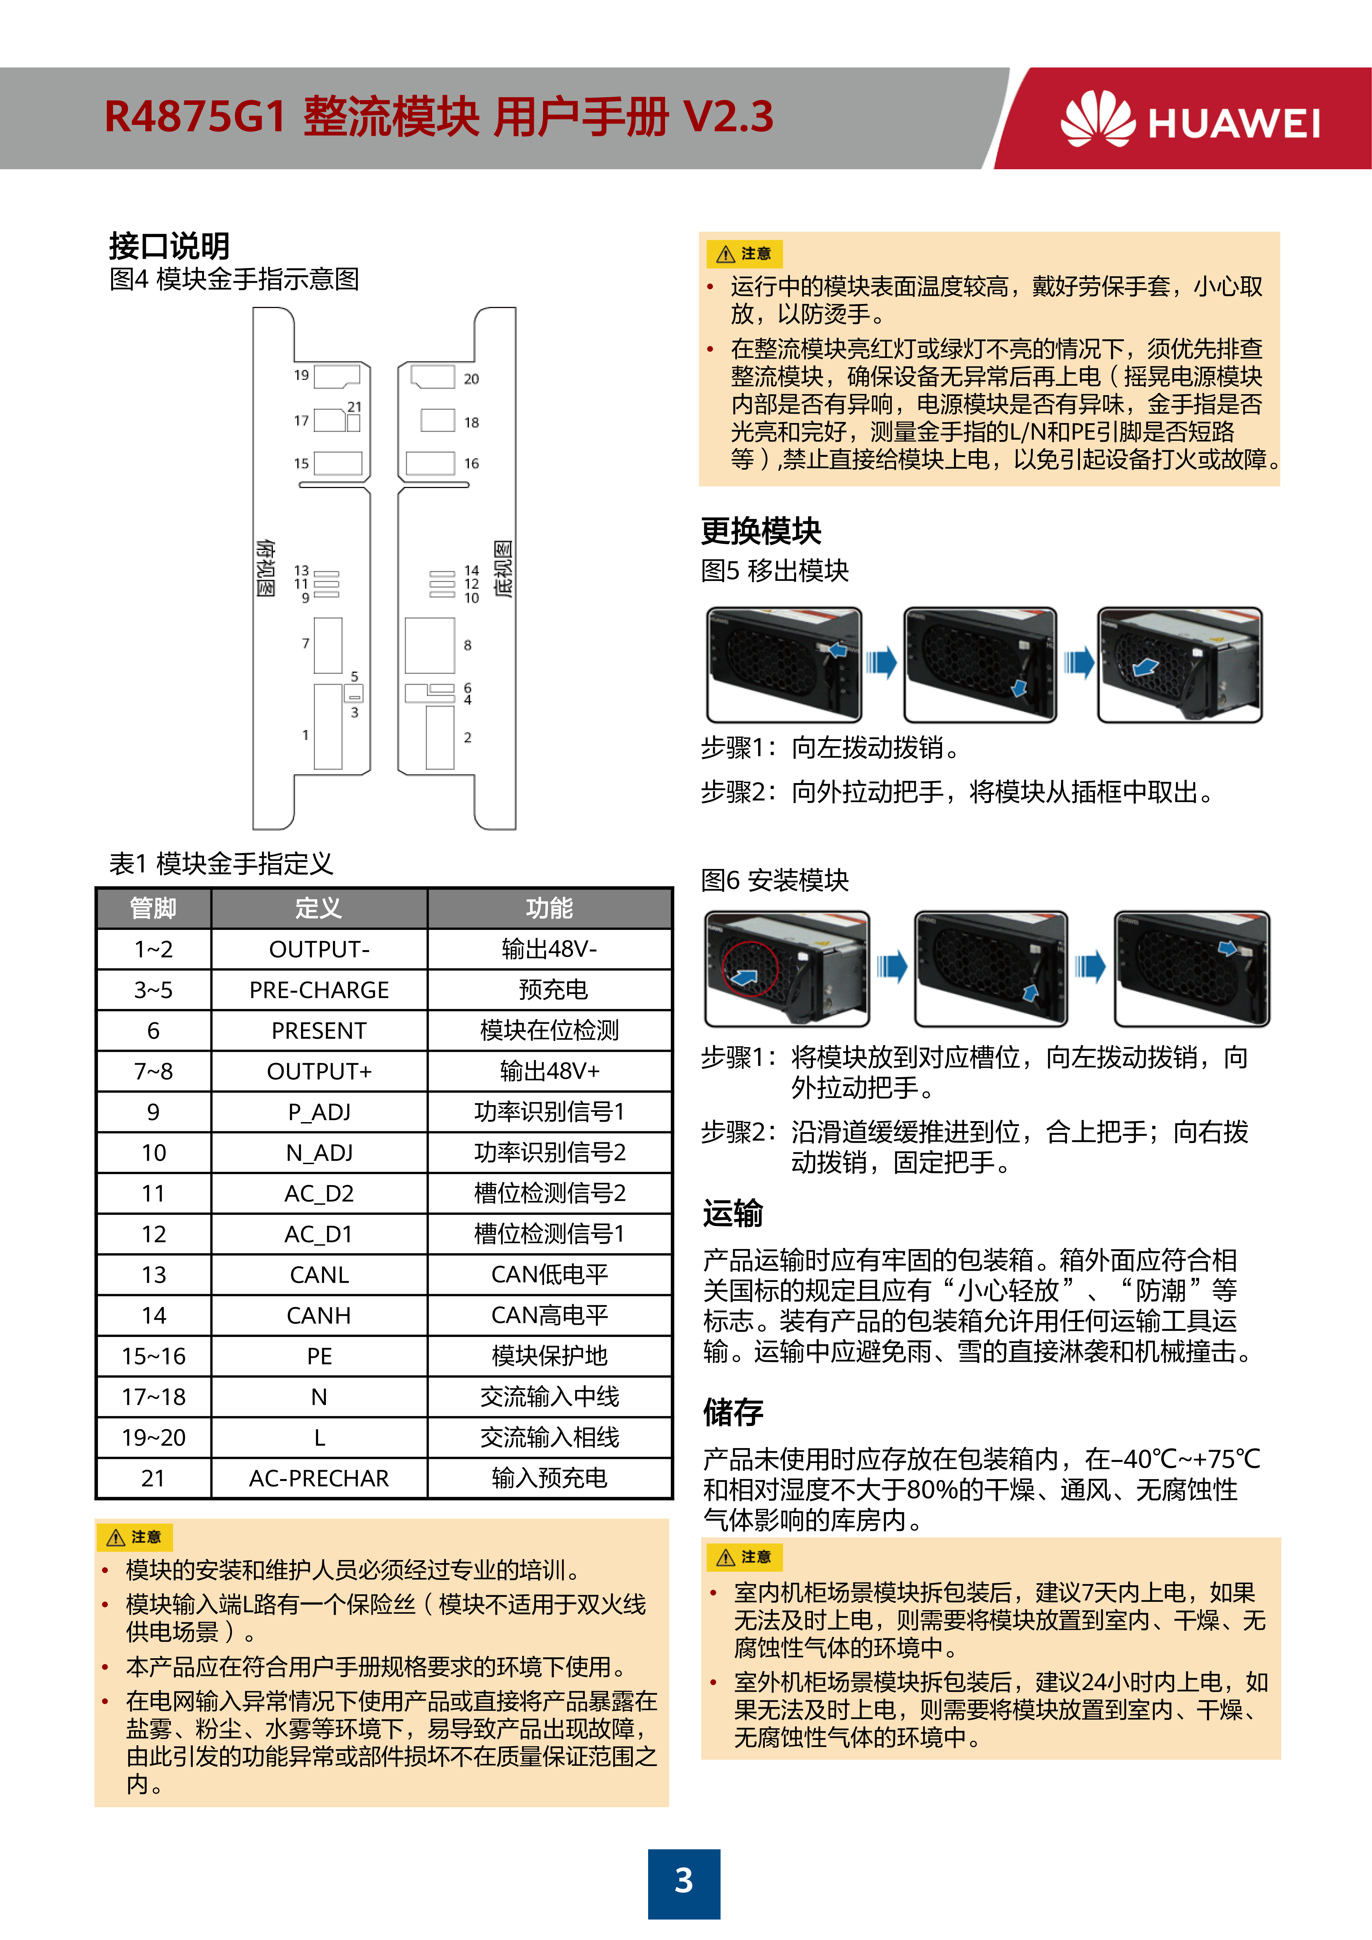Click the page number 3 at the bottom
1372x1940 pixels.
pos(684,1881)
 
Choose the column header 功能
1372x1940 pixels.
pos(549,908)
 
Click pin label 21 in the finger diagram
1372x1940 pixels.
pos(354,406)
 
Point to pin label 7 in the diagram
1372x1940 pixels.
pos(306,643)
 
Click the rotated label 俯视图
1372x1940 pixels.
pos(265,567)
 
